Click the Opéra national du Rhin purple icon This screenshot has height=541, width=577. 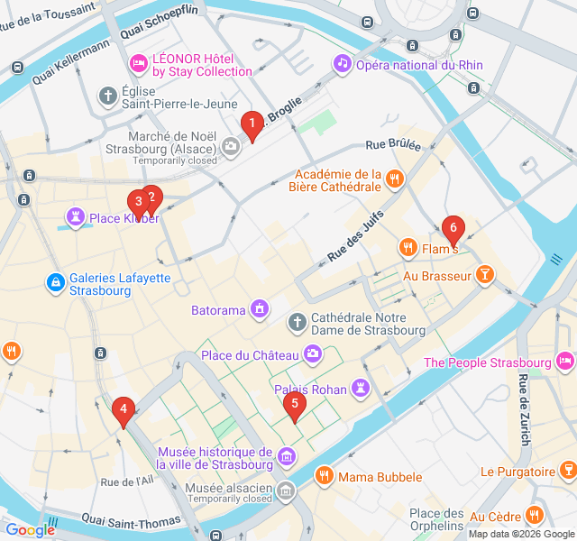pos(342,63)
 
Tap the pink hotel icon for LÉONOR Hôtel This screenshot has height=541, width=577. pos(138,62)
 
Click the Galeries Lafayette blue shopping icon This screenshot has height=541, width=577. pos(56,283)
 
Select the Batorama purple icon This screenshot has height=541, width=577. pos(261,310)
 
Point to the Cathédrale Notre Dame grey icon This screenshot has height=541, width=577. pos(297,322)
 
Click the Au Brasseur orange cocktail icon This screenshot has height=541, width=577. pos(486,275)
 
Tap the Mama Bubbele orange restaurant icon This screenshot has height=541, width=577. pos(323,475)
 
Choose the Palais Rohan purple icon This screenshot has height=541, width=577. pos(362,388)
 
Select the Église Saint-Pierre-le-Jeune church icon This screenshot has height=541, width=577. pos(107,95)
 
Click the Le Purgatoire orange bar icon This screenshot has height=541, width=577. pos(567,471)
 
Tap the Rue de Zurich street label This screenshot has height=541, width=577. pos(524,407)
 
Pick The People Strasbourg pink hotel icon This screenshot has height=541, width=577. pos(564,362)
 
